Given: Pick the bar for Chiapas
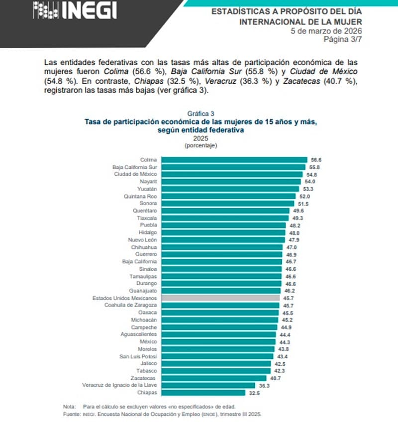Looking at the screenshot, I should click(x=203, y=393).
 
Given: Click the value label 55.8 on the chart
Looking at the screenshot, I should click(x=316, y=167).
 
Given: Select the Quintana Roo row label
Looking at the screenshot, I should click(x=141, y=197).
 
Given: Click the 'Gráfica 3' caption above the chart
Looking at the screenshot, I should click(x=200, y=113).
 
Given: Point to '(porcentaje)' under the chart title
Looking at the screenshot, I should click(x=200, y=145).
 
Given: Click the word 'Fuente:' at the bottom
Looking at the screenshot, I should click(x=72, y=414).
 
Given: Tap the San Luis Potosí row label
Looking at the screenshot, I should click(x=140, y=357).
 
